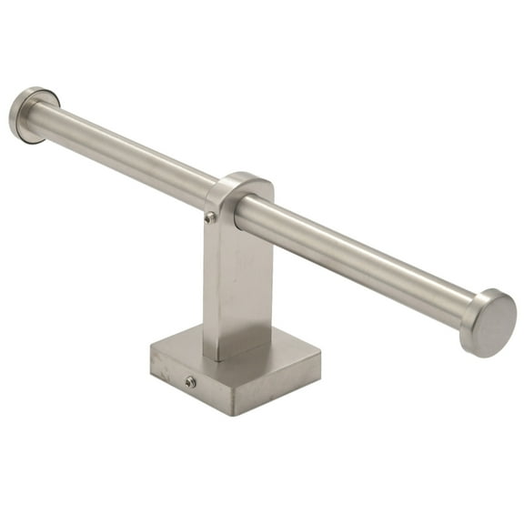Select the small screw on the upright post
click(x=211, y=217)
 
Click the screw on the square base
click(x=190, y=382)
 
